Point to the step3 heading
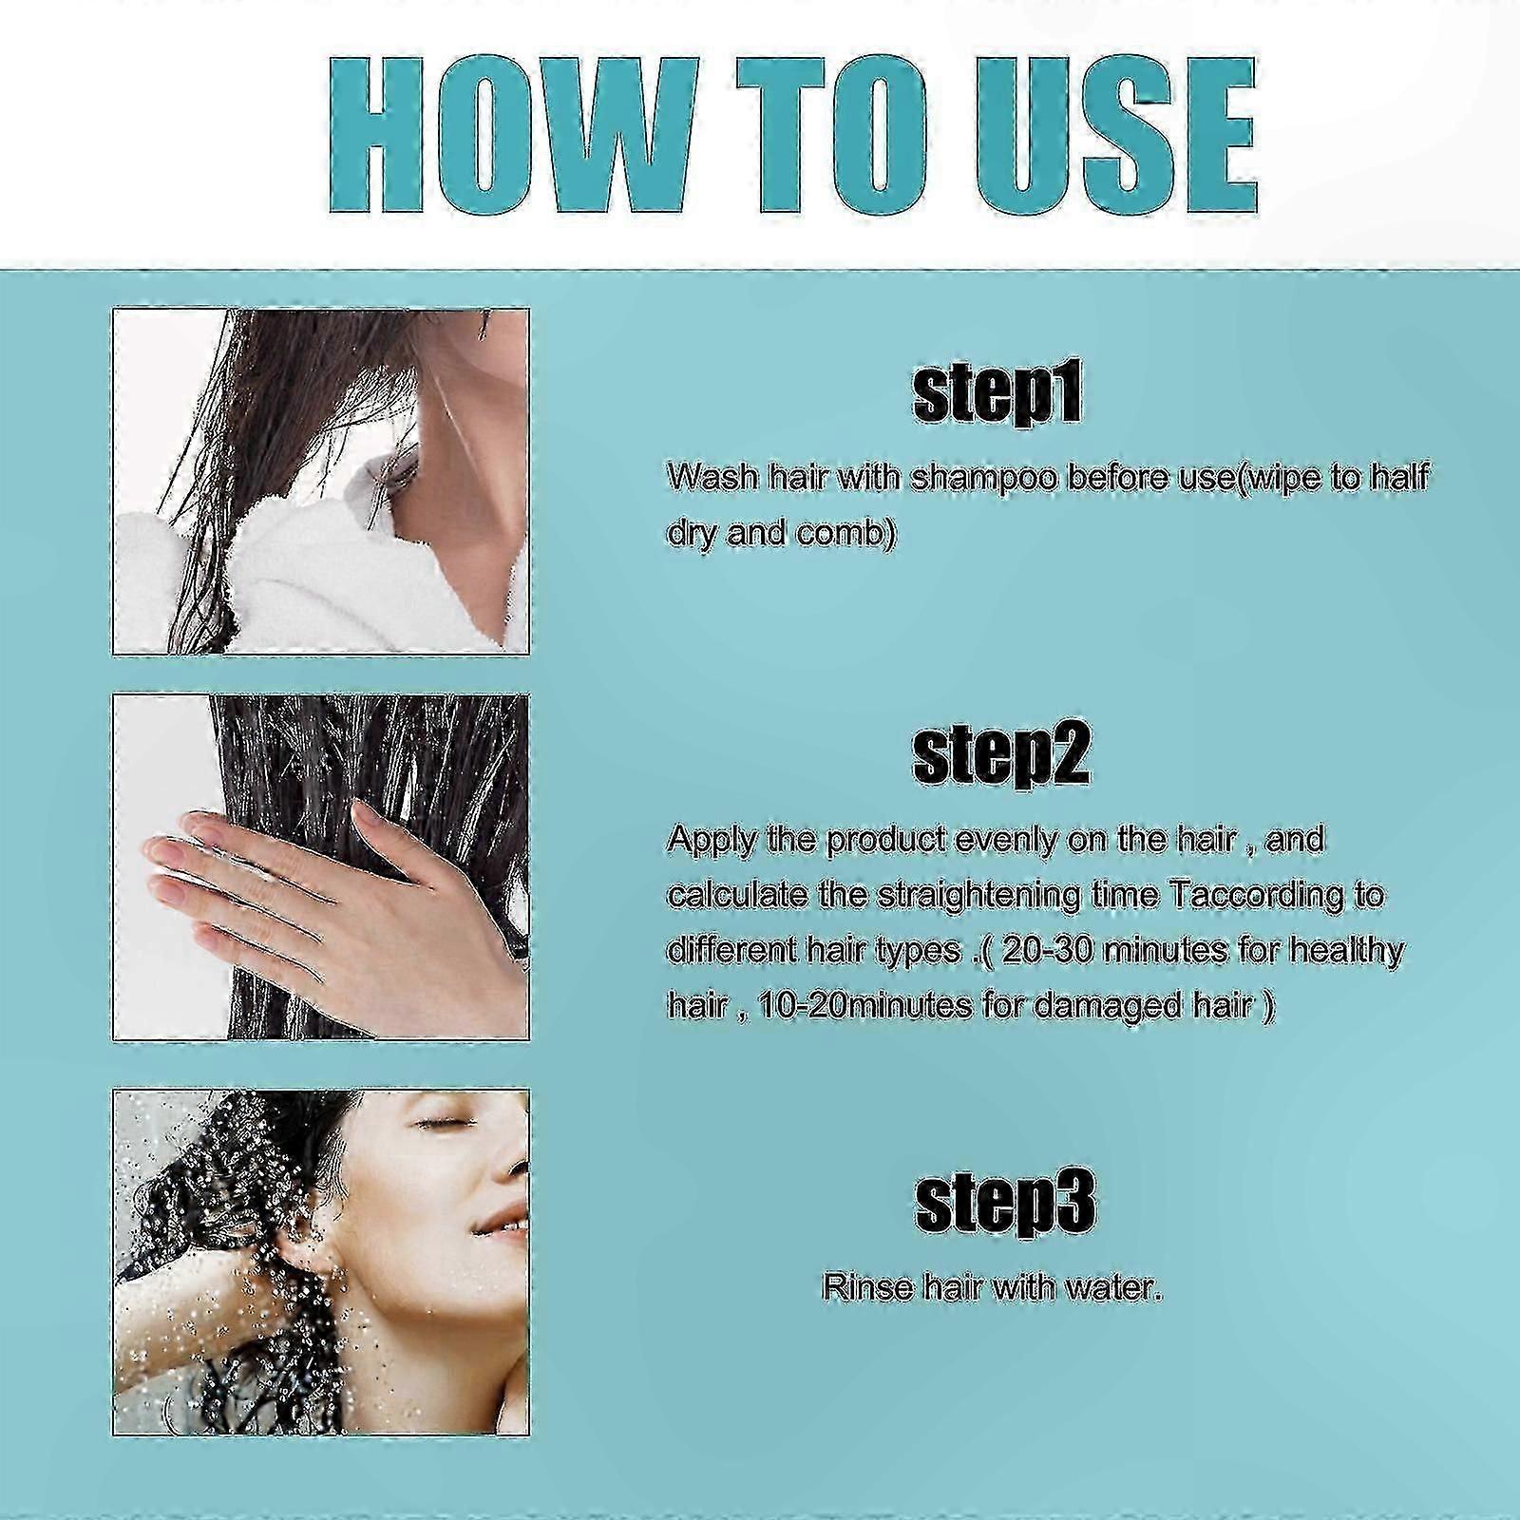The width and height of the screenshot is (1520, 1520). coord(1004,1201)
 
